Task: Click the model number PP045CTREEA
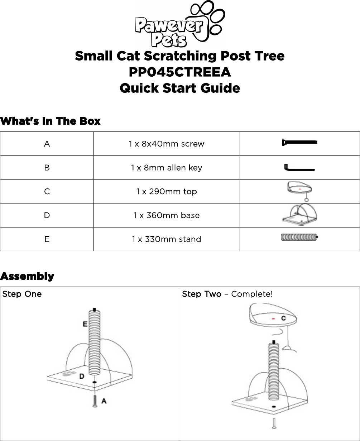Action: [179, 72]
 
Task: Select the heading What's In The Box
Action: [51, 121]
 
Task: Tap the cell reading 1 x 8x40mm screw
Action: [166, 144]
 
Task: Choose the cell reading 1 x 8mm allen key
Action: [166, 168]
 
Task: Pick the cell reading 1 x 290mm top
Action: [166, 192]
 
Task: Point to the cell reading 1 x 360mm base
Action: [166, 216]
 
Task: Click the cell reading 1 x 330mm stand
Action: [166, 239]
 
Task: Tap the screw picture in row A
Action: [299, 142]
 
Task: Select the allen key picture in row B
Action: [299, 167]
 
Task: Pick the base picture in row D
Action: [299, 215]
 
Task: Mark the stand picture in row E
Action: [299, 237]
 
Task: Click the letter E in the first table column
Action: [47, 239]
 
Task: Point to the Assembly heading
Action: [27, 277]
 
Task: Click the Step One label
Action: [22, 294]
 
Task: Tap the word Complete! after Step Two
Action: [252, 294]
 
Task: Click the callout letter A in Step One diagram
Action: [104, 401]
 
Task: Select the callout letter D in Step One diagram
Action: [82, 376]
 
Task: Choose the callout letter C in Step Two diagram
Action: [283, 318]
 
